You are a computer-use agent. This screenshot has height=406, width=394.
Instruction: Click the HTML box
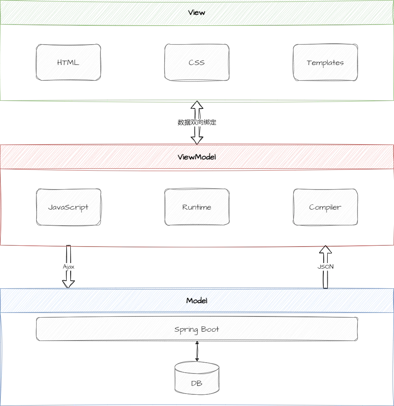68,63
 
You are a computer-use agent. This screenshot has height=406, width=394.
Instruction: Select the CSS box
197,63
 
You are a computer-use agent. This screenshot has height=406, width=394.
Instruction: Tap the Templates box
325,63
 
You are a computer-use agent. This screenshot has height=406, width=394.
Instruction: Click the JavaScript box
68,207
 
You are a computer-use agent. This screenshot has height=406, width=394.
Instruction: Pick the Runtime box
197,207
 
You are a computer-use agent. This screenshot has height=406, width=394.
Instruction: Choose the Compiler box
325,207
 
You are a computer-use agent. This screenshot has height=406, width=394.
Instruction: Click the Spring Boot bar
197,330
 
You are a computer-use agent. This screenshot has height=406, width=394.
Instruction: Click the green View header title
197,13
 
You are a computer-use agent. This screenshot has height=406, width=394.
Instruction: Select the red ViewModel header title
197,157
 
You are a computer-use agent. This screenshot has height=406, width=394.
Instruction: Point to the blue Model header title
197,300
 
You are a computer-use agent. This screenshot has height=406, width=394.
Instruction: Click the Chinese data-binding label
197,123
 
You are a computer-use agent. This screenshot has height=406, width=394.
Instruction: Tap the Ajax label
69,266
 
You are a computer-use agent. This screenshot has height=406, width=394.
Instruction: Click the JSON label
325,266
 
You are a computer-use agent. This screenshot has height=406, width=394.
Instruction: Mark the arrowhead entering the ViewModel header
197,142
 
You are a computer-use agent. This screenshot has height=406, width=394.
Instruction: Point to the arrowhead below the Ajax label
68,286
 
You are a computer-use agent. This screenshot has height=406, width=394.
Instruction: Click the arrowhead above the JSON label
326,246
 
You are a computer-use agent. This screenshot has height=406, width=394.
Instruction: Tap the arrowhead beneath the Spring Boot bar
197,343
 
